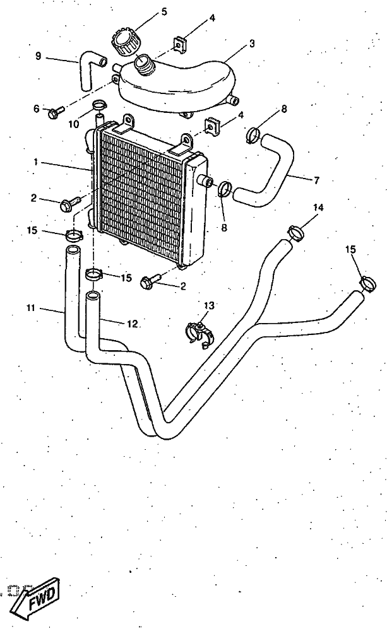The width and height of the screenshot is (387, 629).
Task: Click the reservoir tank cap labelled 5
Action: [124, 40]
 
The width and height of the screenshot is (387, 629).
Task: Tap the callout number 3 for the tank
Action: [252, 44]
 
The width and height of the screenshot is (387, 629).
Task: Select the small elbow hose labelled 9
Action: [92, 69]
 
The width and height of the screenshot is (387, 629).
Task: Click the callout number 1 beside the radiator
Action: [36, 162]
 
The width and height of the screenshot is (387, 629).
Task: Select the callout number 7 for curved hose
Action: [317, 180]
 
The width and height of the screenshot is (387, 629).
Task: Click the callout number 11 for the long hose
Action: [31, 308]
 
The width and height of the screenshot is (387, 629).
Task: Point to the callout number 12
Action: [133, 324]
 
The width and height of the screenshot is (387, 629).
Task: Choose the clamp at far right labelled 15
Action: [367, 283]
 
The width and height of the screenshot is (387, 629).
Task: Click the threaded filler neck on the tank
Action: [144, 64]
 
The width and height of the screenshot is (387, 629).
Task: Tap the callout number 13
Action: [209, 306]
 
